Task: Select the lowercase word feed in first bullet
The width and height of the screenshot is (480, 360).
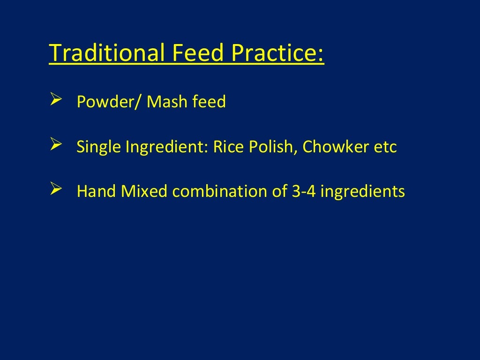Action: [x=209, y=101]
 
